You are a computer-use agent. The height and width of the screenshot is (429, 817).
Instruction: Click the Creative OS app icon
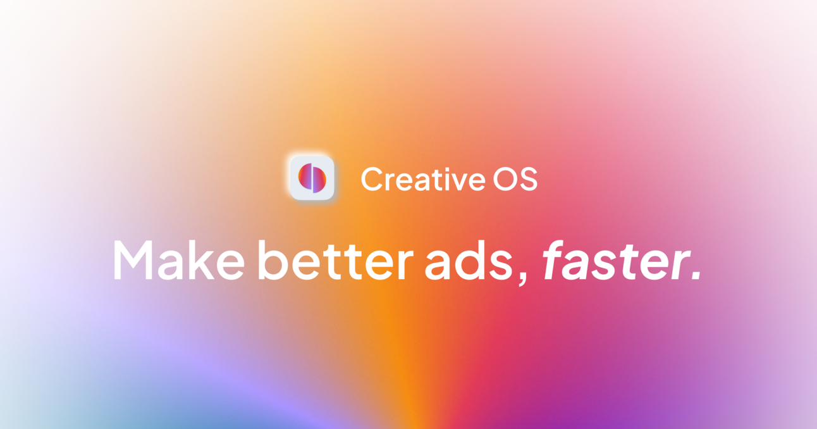click(312, 178)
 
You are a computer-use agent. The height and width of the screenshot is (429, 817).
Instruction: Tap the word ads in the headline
click(467, 261)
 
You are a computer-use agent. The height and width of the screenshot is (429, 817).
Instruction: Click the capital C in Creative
click(373, 179)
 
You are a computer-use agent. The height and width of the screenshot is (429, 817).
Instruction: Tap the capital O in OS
click(503, 179)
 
